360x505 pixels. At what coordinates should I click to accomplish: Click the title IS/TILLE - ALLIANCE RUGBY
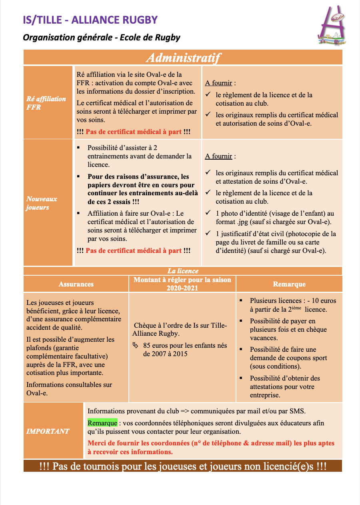coord(90,20)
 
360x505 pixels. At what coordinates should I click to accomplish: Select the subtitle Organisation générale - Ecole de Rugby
coord(102,38)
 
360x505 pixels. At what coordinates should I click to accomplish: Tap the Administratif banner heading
coord(183,58)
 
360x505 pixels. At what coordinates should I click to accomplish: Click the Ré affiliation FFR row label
coord(46,103)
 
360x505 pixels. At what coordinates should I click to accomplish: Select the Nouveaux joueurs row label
coord(42,203)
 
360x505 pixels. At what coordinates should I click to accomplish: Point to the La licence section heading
coord(183,271)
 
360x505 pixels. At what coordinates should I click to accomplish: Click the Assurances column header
coord(76,284)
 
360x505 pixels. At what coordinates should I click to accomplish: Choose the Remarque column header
coord(289,284)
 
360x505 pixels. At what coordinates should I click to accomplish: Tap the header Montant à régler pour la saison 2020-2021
coord(182,284)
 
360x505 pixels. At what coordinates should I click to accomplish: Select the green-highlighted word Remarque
coord(102,423)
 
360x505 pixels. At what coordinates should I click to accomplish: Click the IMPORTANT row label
coord(48,431)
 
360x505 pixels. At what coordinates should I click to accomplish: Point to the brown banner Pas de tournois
coord(183,466)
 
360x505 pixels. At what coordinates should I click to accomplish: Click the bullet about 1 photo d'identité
coord(272,218)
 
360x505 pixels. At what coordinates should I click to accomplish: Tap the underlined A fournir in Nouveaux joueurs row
coord(218,156)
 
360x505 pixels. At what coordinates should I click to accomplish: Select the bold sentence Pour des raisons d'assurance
coord(138,189)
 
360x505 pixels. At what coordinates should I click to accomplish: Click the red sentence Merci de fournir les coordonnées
coord(211,447)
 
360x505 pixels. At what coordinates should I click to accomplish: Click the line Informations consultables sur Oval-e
coord(69,389)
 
